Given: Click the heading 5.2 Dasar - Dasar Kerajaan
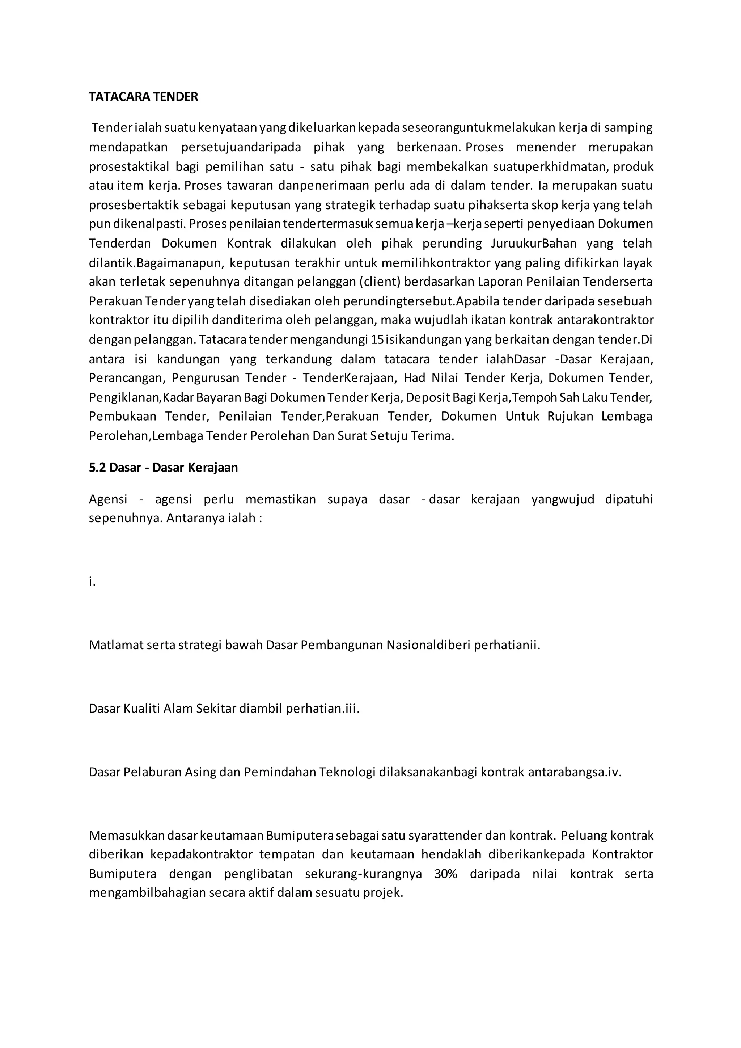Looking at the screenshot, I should point(163,468).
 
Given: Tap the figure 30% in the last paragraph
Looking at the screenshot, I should point(446,861).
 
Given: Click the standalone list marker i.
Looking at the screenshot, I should point(92,582).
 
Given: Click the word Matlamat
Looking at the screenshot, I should point(115,646).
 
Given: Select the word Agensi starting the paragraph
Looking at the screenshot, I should point(108,500).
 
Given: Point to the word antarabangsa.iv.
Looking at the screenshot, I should point(575,772).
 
